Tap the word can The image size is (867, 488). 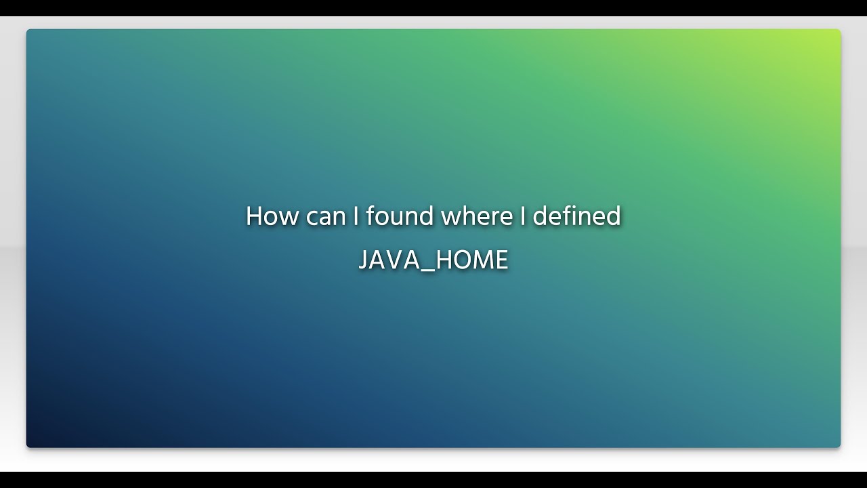point(326,216)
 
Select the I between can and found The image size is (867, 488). point(356,216)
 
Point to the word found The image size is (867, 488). point(400,216)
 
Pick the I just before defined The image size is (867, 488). point(522,216)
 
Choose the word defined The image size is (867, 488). point(576,216)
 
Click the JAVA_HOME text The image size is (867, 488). point(433,260)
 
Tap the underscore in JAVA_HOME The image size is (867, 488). point(427,269)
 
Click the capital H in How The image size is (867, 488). point(254,216)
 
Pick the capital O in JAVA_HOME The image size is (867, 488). point(460,260)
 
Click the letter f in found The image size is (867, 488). point(371,216)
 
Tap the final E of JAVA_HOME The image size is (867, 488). point(502,260)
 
